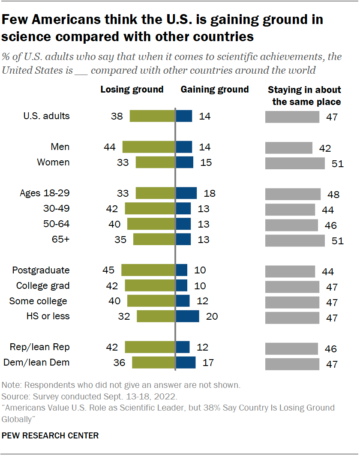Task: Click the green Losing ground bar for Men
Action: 149,147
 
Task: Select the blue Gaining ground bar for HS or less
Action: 188,316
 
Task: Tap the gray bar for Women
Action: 295,163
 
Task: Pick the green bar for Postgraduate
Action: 148,270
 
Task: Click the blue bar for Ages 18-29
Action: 186,193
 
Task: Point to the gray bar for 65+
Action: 295,240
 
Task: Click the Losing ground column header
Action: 132,90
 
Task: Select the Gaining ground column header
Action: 215,90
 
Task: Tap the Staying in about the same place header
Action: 304,96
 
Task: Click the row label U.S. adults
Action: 46,116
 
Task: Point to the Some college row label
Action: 38,301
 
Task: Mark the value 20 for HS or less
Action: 212,316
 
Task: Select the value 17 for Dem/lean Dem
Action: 207,363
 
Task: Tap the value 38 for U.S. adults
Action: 117,116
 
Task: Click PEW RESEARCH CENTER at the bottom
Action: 50,435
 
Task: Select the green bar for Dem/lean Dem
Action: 153,363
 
